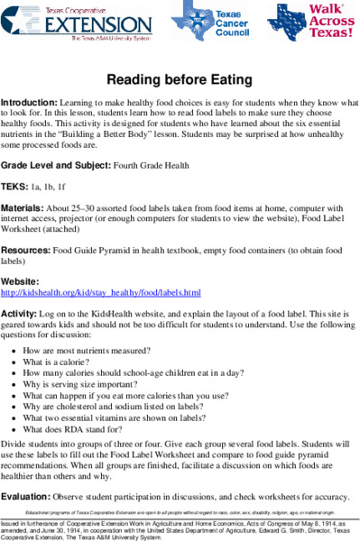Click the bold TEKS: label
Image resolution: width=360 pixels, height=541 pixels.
click(17, 187)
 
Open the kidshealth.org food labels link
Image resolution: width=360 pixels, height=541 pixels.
click(100, 292)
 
